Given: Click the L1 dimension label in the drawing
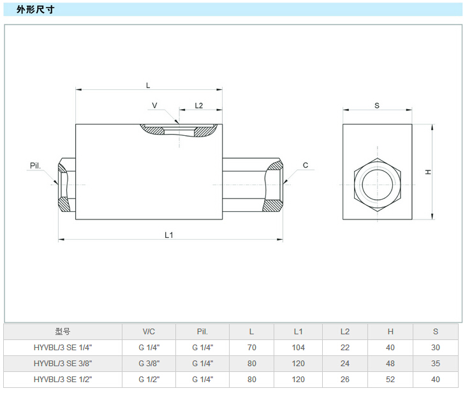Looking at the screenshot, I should [169, 235].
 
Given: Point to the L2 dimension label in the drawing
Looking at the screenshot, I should [198, 105].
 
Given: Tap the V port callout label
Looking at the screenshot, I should [154, 105].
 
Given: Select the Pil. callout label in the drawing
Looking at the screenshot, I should [35, 166].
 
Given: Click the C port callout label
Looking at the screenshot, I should [306, 165].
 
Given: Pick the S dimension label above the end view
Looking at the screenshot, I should [376, 105].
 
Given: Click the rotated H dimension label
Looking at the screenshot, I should [429, 172].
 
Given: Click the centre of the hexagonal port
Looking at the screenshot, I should [377, 184].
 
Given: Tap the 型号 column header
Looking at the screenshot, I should [63, 332].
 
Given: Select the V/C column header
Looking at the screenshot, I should [149, 332].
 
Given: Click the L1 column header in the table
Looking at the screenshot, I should [299, 332].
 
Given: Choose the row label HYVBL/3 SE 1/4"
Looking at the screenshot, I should [63, 348].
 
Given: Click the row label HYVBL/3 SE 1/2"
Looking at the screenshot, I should [63, 380].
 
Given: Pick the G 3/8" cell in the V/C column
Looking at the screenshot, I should [149, 364].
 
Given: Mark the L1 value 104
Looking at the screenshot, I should [299, 348].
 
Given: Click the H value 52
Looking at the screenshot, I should [390, 380].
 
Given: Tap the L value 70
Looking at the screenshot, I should [251, 348].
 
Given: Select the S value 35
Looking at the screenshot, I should [436, 364].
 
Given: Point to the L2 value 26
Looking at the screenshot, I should [345, 380].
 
